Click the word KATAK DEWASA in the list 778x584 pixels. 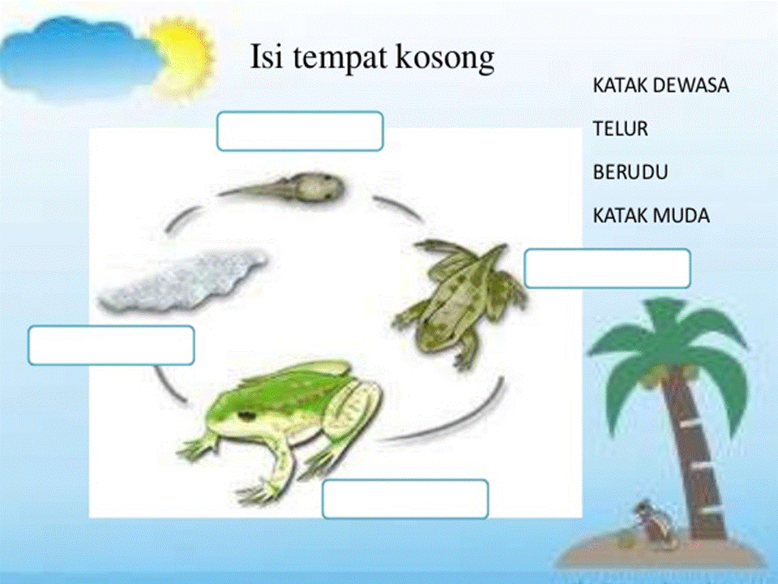661,85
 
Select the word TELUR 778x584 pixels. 620,129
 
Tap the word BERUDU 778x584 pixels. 631,172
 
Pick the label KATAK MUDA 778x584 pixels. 651,216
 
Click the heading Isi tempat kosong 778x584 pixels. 372,57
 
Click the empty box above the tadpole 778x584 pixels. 300,131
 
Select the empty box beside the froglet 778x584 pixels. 607,268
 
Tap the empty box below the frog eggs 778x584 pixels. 111,346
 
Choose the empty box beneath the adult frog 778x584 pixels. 405,499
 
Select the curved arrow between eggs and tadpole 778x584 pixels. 182,218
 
